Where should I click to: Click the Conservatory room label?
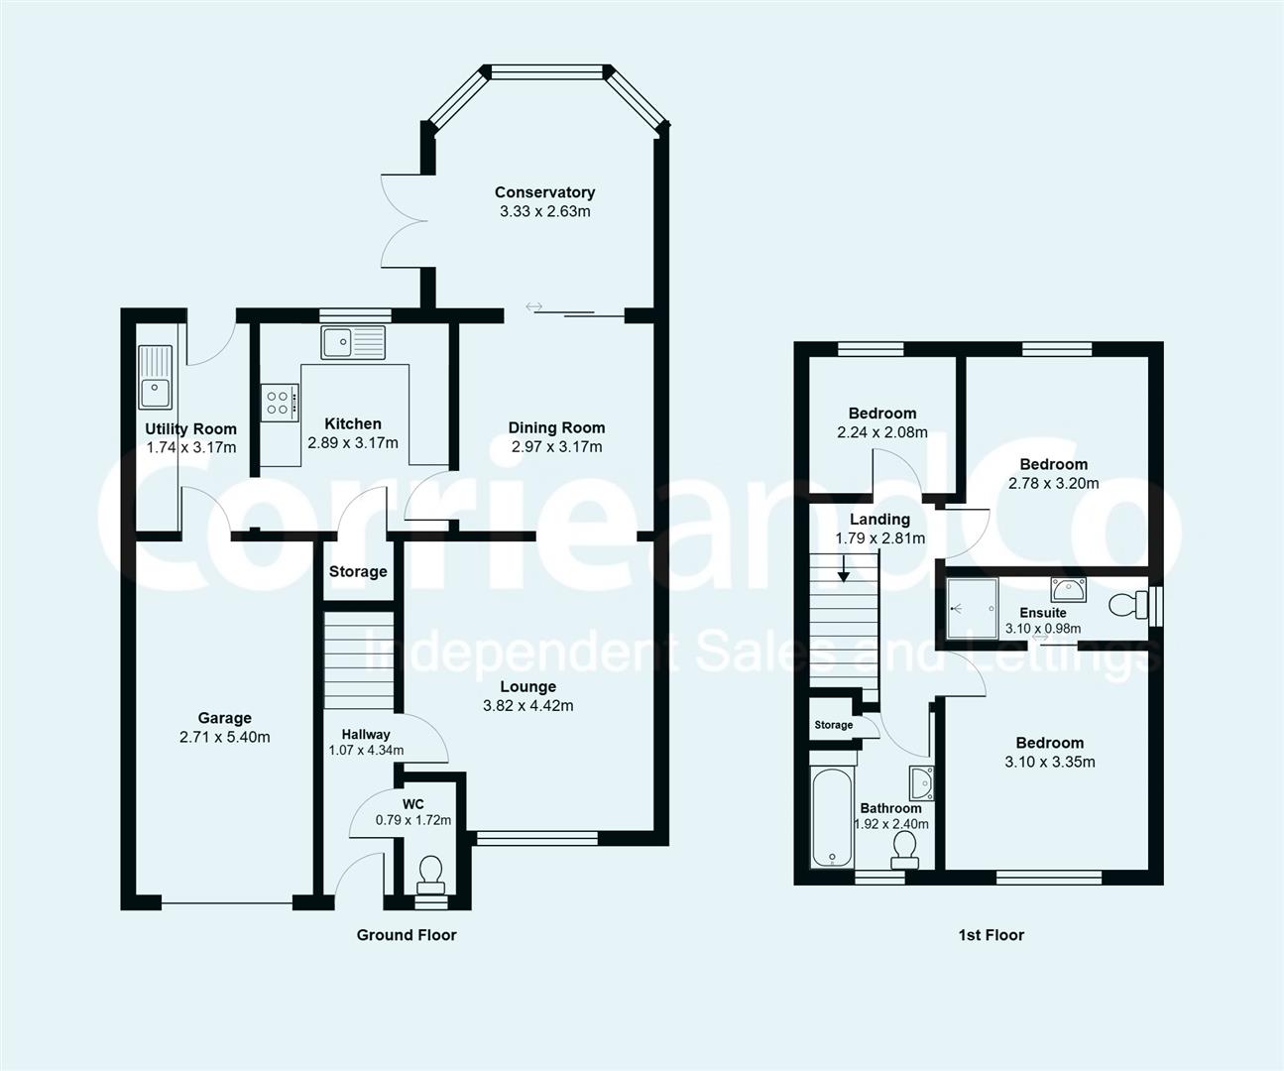coord(544,192)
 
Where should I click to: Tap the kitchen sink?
coord(352,342)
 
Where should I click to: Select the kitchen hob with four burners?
coord(279,402)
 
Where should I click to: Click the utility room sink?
coord(155,377)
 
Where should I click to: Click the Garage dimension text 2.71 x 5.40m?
coord(225,737)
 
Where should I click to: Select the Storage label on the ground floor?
coord(358,571)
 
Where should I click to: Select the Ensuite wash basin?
coord(1067,590)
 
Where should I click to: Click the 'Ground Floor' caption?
coord(407,934)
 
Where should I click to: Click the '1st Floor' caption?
coord(991,934)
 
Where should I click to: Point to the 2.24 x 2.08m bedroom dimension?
coord(881,432)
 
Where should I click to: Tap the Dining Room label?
coord(556,427)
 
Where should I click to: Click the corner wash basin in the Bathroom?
coord(921,781)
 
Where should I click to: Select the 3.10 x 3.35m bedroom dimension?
coord(1049,762)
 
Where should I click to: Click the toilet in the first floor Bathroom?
coord(904,848)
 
